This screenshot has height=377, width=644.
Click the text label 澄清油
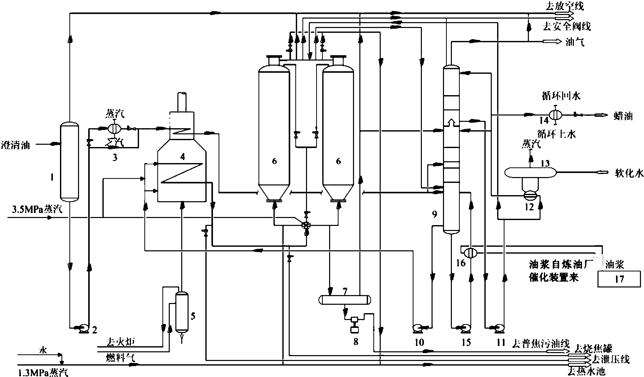point(16,145)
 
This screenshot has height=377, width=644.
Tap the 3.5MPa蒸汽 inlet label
point(37,209)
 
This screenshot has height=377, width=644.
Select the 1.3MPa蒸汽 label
point(43,372)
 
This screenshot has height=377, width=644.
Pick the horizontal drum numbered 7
point(345,300)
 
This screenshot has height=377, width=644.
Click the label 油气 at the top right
point(575,42)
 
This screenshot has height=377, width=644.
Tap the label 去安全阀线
point(566,26)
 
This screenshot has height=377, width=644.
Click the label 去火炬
point(120,342)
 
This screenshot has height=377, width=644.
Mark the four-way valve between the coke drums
point(306,225)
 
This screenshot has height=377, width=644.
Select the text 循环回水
point(561,96)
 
